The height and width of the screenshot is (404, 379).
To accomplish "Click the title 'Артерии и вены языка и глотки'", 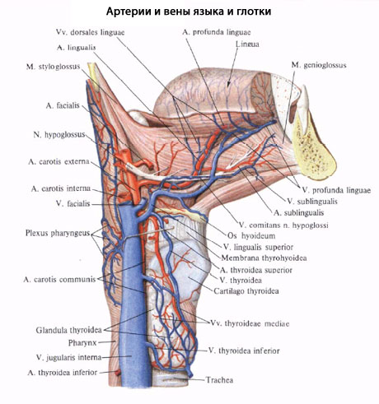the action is pos(189,12).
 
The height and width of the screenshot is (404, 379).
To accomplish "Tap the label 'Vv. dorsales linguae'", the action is pos(91,32).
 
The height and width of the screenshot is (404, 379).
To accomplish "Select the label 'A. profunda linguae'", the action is pos(217,32).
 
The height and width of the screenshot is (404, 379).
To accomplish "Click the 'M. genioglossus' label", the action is pos(319,65).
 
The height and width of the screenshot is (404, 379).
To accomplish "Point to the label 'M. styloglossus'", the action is pos(54,67).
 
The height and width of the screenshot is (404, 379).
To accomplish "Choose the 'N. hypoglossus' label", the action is pos(59,135).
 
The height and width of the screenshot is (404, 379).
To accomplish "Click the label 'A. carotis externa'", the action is pos(58,161).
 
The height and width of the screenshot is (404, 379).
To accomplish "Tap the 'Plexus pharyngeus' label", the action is pos(58,233).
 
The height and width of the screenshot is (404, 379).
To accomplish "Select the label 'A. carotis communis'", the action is pos(59,280).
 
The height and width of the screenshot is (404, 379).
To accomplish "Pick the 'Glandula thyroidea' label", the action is pos(68,330).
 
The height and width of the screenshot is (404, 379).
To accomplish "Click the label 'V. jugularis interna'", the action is pos(68,358).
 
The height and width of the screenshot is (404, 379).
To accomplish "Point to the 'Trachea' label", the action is pos(220,380).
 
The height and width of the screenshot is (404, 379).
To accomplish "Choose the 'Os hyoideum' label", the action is pos(251,235).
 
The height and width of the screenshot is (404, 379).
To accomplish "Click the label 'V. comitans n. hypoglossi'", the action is pos(283,225).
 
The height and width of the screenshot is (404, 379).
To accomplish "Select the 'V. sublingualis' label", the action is pos(312,202).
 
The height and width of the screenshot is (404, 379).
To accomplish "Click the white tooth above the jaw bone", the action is pos(304,101).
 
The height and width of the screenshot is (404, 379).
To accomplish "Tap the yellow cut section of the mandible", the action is pos(313,148).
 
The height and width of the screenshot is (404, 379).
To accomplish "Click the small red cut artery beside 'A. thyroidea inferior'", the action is pos(118,373).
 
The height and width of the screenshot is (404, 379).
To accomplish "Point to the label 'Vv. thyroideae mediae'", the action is pos(250,323).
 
